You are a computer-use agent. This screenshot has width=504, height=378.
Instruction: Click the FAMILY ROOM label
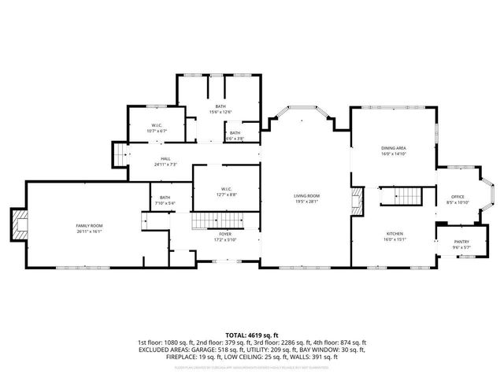[90, 226]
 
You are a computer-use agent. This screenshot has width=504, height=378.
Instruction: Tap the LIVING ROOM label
[306, 195]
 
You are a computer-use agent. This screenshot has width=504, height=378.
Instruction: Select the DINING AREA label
[393, 148]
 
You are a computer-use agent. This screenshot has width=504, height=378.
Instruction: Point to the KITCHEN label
[395, 235]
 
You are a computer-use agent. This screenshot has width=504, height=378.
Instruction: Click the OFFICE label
[458, 197]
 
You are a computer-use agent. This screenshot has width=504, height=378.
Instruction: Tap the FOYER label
[225, 235]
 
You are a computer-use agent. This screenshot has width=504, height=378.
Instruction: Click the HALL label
[165, 159]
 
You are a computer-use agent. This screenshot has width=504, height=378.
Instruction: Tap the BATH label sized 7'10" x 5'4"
[165, 198]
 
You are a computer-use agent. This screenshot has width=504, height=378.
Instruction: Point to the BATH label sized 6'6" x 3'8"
[235, 133]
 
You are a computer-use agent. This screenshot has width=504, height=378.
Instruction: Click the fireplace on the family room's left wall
[19, 226]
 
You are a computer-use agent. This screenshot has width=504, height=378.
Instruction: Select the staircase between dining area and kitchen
[407, 195]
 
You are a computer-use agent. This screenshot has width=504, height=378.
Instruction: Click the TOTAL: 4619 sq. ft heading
[251, 335]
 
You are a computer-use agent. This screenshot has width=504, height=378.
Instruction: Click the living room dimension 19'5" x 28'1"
[306, 201]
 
